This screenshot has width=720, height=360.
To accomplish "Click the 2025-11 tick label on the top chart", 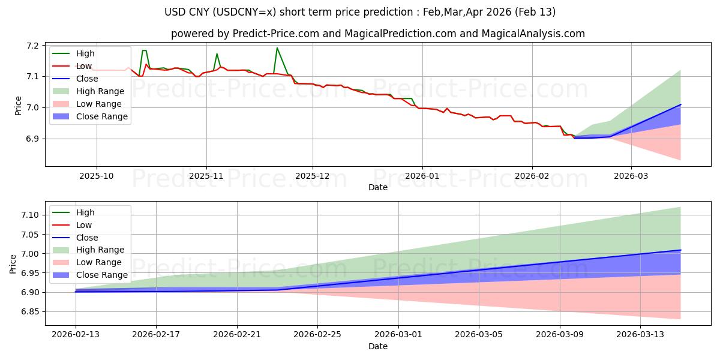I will [206, 176].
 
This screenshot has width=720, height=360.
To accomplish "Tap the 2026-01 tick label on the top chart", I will [422, 176].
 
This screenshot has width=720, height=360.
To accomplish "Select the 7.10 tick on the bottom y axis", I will [30, 215].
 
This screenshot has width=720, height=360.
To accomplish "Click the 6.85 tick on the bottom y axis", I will [30, 312].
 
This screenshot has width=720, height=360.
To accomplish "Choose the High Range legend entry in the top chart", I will [100, 91].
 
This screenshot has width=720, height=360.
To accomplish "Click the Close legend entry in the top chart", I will [88, 79].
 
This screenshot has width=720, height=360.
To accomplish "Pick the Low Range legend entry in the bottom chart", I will [98, 262].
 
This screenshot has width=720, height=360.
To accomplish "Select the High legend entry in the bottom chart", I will [85, 212].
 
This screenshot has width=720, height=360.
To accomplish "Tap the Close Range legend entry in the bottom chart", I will [101, 275].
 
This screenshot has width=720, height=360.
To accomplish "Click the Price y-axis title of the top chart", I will [18, 105].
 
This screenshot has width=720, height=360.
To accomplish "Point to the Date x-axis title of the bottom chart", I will [378, 346].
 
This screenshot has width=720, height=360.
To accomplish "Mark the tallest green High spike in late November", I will [277, 48].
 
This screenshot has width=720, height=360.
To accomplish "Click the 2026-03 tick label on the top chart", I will [631, 176].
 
